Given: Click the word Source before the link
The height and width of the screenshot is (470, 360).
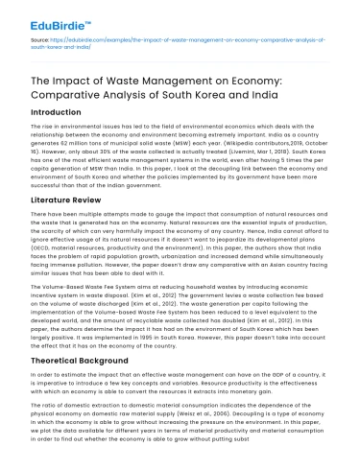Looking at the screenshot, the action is click(39, 44).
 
